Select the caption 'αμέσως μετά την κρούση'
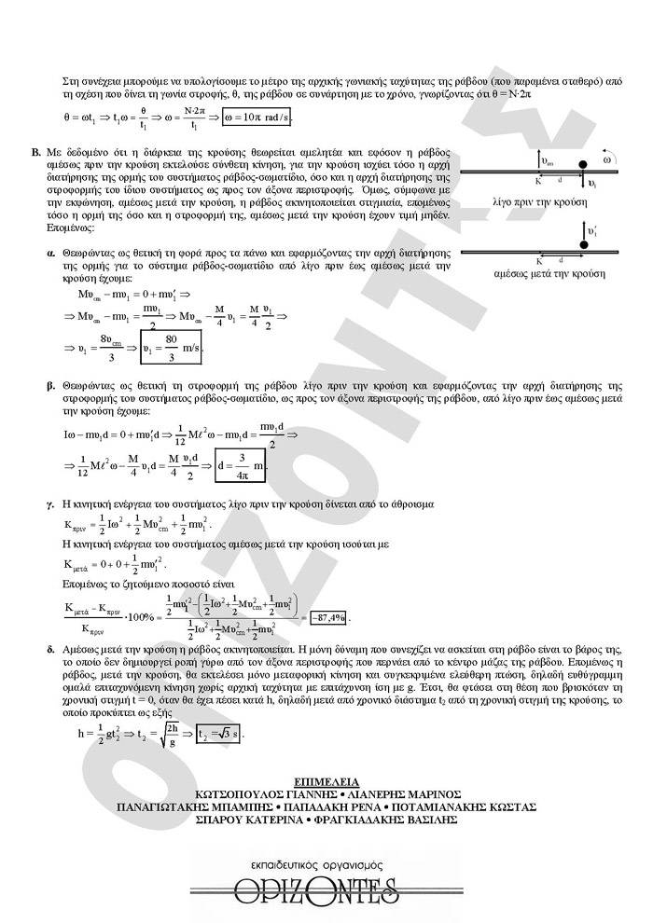tap(549, 273)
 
